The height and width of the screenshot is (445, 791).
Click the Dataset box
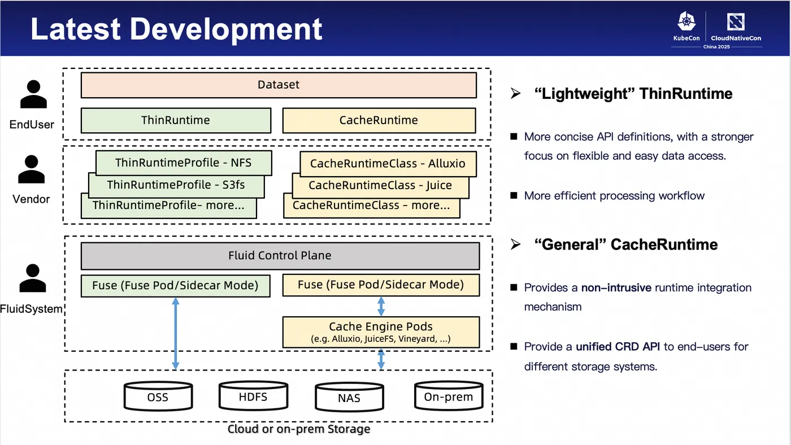pyautogui.click(x=279, y=85)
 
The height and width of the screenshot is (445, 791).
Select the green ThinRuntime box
pyautogui.click(x=176, y=120)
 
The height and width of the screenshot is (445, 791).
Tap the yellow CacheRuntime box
pyautogui.click(x=379, y=120)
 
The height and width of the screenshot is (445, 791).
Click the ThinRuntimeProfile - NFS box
pyautogui.click(x=184, y=163)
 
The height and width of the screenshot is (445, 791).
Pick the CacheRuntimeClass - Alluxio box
pyautogui.click(x=388, y=164)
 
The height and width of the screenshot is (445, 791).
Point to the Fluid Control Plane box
pyautogui.click(x=280, y=256)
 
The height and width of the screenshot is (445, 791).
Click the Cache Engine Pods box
pyautogui.click(x=381, y=331)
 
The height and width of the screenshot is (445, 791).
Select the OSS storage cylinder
pyautogui.click(x=158, y=396)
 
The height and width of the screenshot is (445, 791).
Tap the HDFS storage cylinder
pyautogui.click(x=253, y=396)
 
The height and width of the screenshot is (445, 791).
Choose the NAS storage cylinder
pyautogui.click(x=349, y=397)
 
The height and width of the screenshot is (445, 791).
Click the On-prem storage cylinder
pyautogui.click(x=448, y=396)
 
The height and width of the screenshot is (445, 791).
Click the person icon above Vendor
pyautogui.click(x=32, y=169)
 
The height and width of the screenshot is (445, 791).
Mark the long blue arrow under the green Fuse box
pyautogui.click(x=175, y=333)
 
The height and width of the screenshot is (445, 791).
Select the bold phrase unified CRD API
pyautogui.click(x=618, y=347)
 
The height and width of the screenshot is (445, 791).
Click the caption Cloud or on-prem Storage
pyautogui.click(x=299, y=429)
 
